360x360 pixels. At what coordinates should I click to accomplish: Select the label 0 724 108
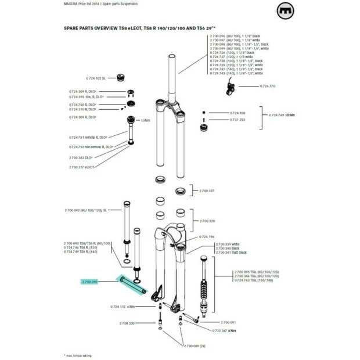(238, 112)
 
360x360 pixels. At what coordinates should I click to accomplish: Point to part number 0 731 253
(238, 120)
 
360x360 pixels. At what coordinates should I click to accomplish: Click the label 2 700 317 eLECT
(82, 167)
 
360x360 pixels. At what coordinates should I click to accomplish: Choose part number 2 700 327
(207, 190)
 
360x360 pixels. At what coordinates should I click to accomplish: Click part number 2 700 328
(207, 221)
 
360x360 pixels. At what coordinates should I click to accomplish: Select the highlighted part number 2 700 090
(90, 282)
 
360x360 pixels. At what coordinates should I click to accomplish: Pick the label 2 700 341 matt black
(231, 253)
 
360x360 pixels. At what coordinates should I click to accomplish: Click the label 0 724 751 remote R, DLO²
(88, 137)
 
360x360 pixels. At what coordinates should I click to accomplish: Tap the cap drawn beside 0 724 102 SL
(123, 77)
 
